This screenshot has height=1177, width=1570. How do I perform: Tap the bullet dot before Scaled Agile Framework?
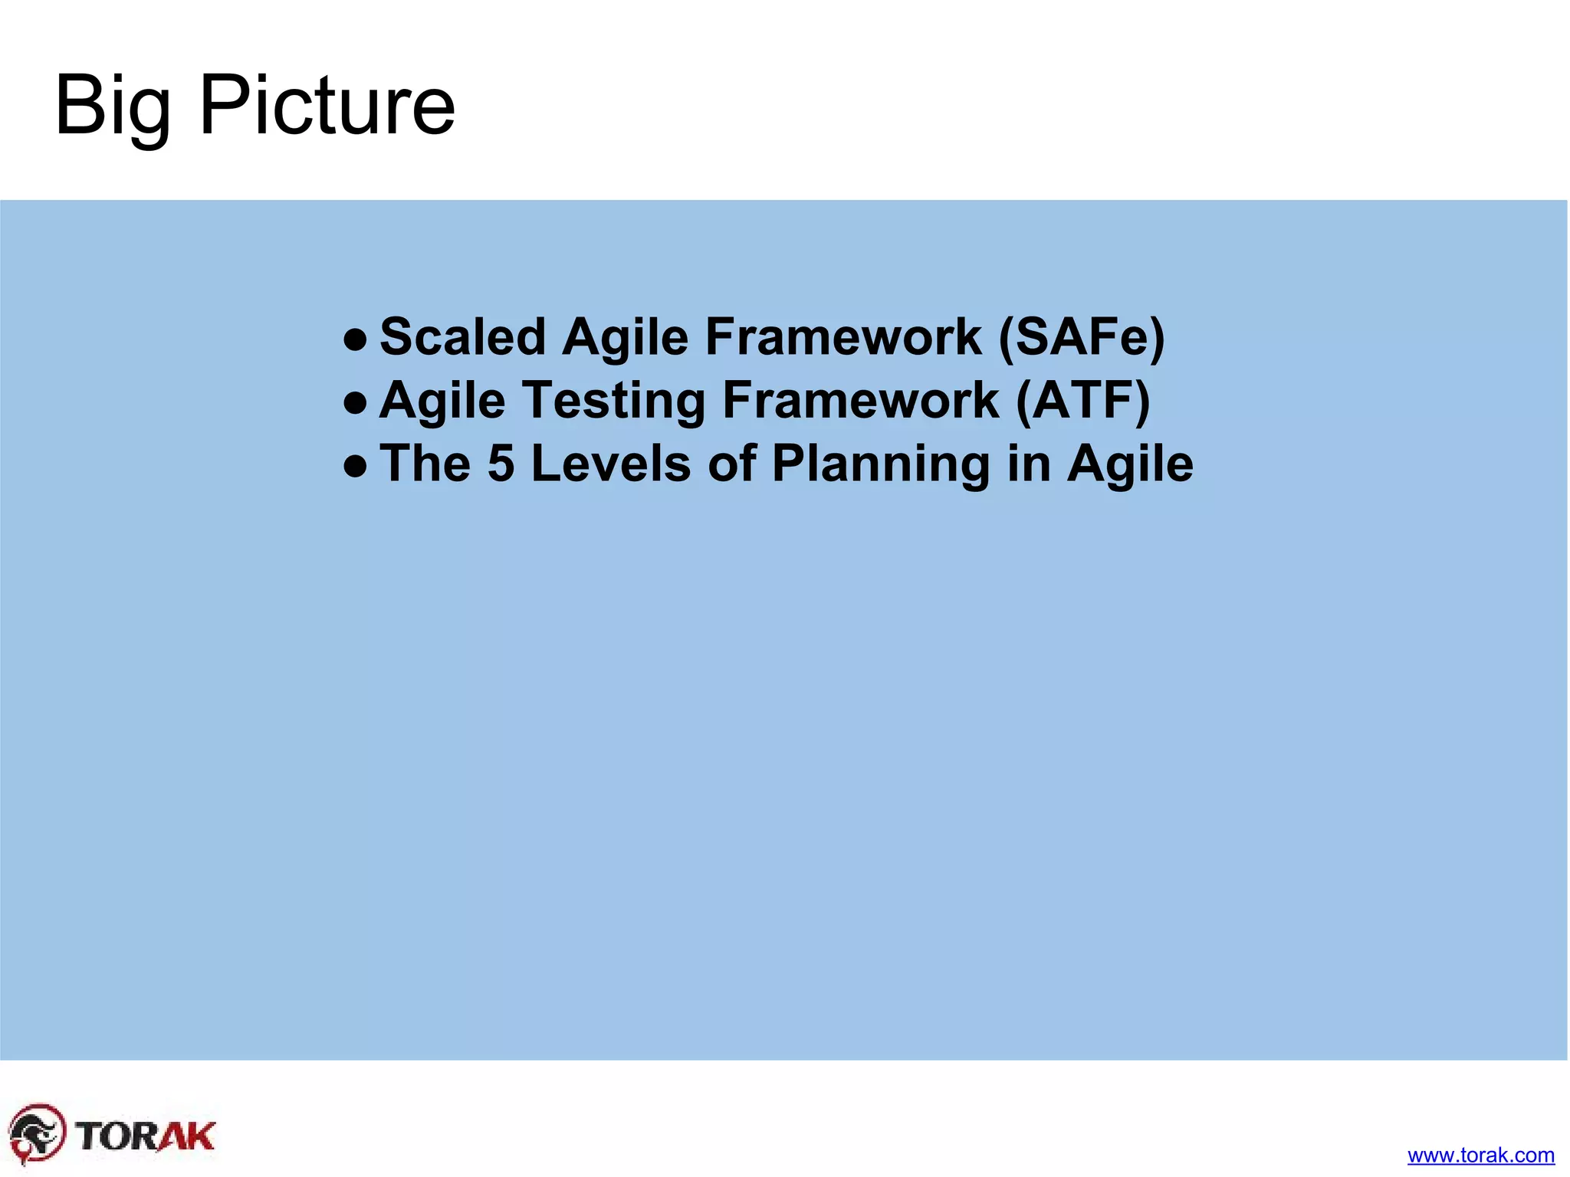point(354,338)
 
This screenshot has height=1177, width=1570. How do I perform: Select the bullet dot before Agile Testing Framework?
point(354,402)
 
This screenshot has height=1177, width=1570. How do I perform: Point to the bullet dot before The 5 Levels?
point(354,465)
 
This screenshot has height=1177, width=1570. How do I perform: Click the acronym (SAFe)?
point(1081,336)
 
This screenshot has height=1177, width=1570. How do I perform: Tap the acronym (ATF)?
point(1082,400)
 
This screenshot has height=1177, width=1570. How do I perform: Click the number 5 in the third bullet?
point(501,464)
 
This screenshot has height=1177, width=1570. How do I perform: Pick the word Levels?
point(611,464)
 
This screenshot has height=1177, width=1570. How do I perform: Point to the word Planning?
point(880,465)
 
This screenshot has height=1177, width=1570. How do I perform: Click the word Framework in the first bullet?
point(843,336)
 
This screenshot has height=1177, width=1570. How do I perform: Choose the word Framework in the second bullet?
point(860,400)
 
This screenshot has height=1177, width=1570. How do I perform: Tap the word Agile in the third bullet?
point(1130,465)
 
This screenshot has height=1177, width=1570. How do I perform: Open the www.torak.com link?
point(1480,1155)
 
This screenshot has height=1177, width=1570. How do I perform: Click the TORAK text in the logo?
point(146,1136)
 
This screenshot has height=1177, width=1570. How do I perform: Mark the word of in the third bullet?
point(731,464)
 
